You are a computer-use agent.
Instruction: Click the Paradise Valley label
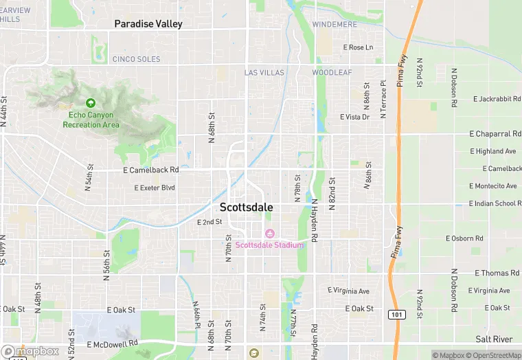click(x=148, y=24)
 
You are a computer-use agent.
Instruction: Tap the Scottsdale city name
click(x=246, y=207)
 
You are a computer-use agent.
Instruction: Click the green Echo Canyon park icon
click(x=91, y=102)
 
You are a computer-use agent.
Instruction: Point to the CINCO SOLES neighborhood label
click(x=136, y=59)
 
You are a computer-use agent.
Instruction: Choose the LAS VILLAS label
click(x=264, y=72)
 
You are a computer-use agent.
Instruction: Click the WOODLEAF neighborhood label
click(x=332, y=72)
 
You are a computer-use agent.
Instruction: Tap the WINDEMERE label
click(x=335, y=25)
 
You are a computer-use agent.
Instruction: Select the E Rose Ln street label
click(x=357, y=47)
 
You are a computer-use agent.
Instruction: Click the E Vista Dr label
click(x=354, y=117)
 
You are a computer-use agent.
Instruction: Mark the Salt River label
click(x=494, y=339)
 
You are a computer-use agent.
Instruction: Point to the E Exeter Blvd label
click(x=155, y=188)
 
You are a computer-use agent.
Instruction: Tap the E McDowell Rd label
click(x=113, y=343)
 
